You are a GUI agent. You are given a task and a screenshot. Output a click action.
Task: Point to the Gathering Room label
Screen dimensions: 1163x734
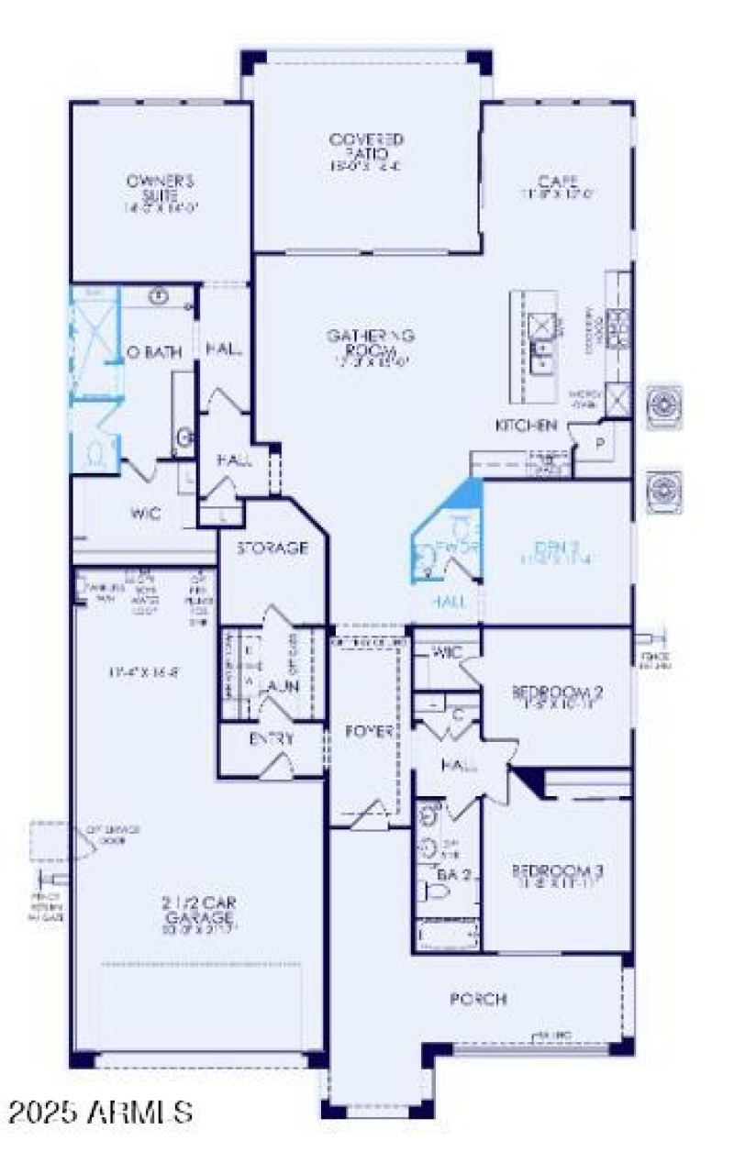point(371,342)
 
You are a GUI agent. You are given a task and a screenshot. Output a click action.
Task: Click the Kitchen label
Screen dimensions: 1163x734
point(526,426)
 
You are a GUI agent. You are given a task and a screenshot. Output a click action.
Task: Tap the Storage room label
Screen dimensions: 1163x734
point(272,548)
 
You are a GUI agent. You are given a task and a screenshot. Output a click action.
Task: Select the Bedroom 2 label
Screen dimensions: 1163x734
point(558,692)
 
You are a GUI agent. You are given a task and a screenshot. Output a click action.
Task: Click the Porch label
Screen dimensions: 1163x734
point(478,999)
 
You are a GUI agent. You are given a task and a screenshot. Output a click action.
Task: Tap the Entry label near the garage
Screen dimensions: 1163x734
point(272,738)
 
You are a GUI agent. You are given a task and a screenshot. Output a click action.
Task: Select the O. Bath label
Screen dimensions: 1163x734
point(154,353)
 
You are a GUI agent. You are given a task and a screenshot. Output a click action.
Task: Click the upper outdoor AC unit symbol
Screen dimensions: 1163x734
point(665,406)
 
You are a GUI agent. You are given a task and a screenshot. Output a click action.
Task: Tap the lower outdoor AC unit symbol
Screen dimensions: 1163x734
point(665,492)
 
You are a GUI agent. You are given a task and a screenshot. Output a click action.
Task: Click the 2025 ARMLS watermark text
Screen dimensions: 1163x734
point(101,1112)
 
